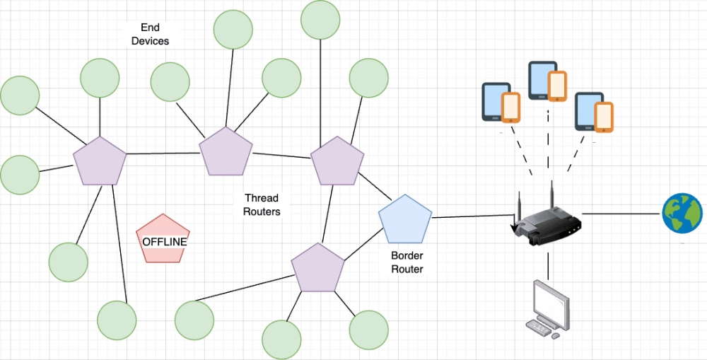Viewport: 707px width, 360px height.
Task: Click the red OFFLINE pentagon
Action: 163,239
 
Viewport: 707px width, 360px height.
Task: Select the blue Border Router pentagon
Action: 405,219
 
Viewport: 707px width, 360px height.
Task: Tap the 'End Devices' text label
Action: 150,35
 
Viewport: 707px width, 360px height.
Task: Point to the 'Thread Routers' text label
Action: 262,204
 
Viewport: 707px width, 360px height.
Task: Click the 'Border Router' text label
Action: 407,262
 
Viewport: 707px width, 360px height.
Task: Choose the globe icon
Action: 682,214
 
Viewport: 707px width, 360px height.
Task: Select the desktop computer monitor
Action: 550,300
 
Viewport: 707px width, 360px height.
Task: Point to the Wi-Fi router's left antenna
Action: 518,205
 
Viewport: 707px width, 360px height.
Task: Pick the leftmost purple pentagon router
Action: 100,161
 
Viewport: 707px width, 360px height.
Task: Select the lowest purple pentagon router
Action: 317,268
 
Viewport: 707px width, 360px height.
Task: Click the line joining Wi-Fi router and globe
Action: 621,213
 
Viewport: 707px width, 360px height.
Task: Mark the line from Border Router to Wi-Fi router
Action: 470,216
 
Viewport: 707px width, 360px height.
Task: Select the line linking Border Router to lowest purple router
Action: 361,244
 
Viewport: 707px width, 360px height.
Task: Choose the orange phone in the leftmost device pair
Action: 511,107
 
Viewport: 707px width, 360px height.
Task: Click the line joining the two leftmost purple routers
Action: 163,153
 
